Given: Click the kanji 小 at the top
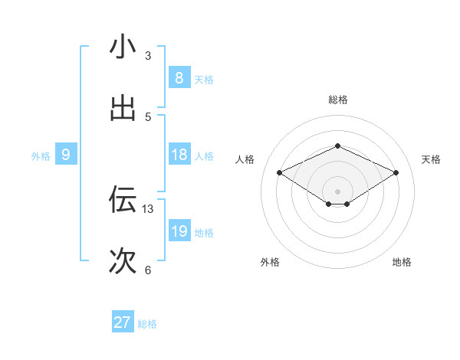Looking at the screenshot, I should (123, 47).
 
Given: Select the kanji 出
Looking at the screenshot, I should (123, 110).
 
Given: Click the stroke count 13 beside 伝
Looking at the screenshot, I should (148, 208).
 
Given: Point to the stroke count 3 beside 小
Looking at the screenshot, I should (148, 56).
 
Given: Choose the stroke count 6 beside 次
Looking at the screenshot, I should (148, 270).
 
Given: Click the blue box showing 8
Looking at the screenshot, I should (179, 78).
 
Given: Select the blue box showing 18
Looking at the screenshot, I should (179, 155).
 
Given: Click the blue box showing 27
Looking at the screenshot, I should (122, 323).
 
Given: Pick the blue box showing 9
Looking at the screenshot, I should (66, 155).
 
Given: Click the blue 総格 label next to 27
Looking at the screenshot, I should (147, 324).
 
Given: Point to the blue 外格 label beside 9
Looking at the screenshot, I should (41, 156).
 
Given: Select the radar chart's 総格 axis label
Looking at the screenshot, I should (337, 100).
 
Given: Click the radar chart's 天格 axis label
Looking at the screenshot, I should (431, 159).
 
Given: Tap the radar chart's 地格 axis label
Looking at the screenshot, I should (402, 262).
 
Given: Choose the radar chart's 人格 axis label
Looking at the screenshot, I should (245, 159).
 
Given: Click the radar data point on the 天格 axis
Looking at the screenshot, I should (396, 173).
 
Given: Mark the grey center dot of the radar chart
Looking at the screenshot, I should (337, 191).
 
